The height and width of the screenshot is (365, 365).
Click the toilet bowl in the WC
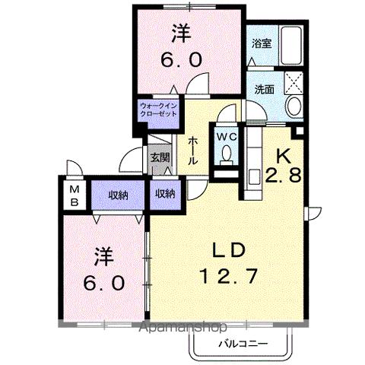(226, 154)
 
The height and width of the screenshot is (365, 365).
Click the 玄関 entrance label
(160, 159)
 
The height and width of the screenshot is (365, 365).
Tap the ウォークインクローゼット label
(158, 109)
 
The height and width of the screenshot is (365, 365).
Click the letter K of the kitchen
(283, 154)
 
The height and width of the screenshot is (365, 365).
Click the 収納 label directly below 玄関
(165, 194)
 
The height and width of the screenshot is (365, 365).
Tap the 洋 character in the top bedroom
(179, 33)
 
